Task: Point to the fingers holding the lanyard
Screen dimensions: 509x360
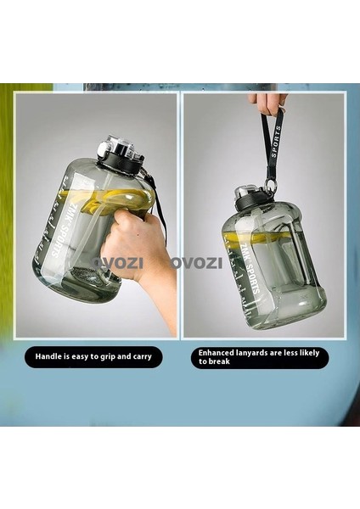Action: tap(267, 103)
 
